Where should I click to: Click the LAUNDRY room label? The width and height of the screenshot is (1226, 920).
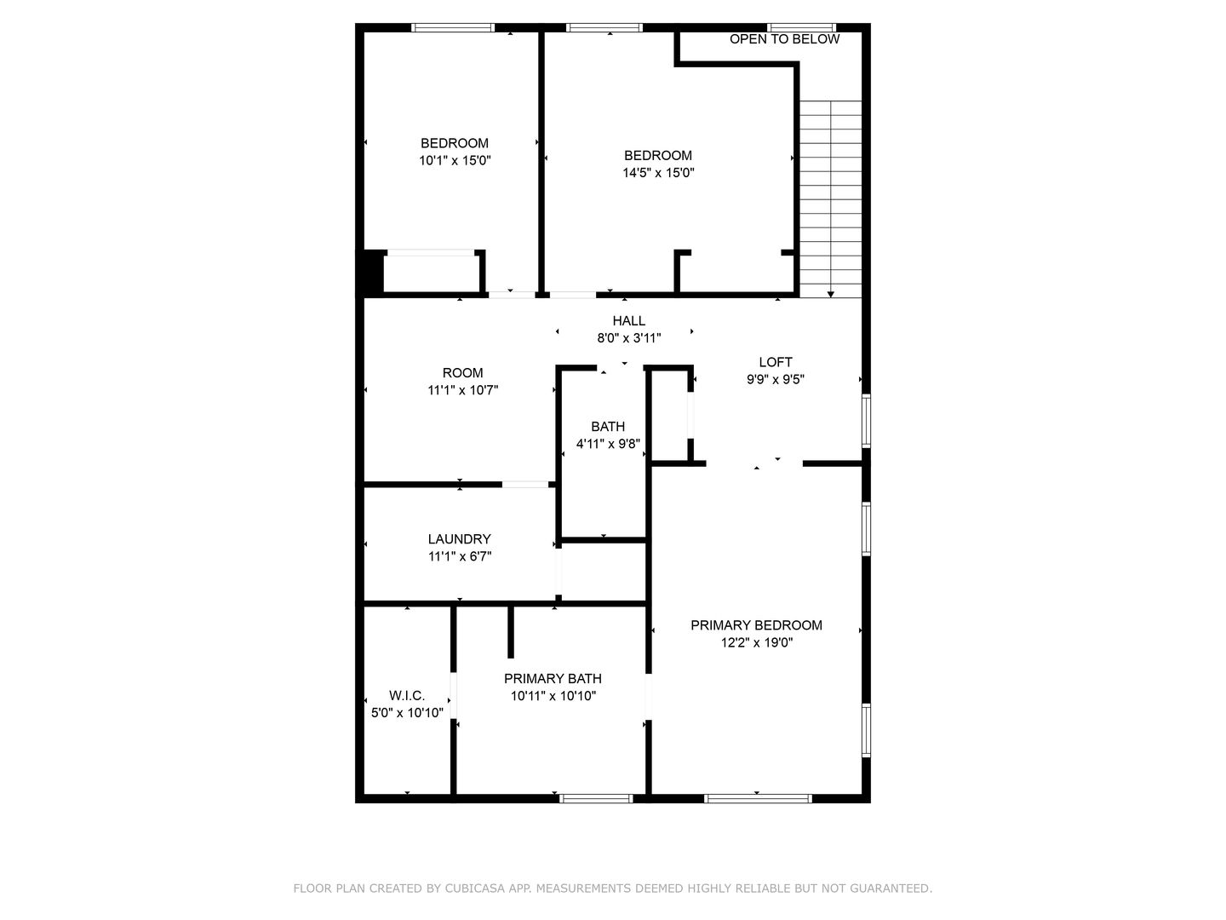[x=459, y=539]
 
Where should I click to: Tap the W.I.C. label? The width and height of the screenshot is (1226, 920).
[x=407, y=696]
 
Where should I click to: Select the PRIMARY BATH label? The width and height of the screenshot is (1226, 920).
[x=553, y=679]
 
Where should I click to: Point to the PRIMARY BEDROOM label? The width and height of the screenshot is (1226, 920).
[x=756, y=625]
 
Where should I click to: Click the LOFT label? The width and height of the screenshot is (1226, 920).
[x=776, y=362]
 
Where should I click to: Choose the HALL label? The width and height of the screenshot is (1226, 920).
[x=629, y=321]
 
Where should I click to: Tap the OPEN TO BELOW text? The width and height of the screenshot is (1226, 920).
[x=784, y=39]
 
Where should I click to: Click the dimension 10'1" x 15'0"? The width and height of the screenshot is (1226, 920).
[x=455, y=160]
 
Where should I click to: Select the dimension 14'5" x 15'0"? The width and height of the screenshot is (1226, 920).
[x=658, y=172]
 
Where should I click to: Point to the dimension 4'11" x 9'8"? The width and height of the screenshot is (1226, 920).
[x=608, y=444]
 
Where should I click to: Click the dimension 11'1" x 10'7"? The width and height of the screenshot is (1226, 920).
[x=462, y=390]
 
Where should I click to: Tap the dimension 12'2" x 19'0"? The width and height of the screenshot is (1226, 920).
[x=756, y=643]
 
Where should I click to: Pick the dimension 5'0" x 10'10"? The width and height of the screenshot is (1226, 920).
[x=407, y=713]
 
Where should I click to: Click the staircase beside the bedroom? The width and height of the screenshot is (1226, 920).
[x=831, y=196]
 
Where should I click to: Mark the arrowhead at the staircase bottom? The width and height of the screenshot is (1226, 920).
[x=831, y=293]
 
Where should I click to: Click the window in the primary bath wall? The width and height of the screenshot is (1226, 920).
[x=596, y=798]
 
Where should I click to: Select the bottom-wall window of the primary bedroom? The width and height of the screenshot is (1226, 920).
[x=758, y=798]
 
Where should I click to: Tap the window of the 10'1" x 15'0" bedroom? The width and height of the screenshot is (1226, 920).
[x=453, y=28]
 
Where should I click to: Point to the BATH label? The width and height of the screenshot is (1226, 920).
[x=608, y=427]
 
